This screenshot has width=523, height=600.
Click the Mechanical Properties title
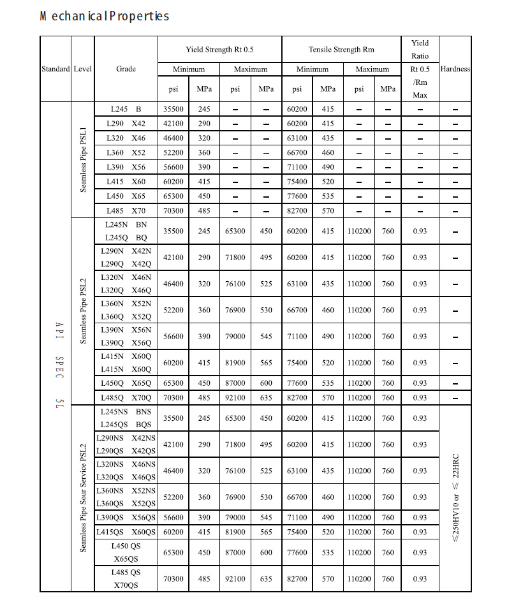[105, 16]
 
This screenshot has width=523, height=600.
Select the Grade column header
[126, 69]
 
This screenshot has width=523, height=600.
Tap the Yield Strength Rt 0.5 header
[219, 49]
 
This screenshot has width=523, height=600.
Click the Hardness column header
[455, 69]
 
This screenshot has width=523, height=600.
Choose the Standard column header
[55, 69]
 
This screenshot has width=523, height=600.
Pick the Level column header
[83, 69]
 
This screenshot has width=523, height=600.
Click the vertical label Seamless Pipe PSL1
[83, 159]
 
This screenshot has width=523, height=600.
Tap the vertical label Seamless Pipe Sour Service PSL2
[83, 497]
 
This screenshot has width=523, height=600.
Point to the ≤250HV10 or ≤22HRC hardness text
[455, 497]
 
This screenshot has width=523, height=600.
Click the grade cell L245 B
[126, 109]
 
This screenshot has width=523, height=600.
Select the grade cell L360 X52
[126, 152]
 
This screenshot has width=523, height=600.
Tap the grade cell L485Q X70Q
[126, 397]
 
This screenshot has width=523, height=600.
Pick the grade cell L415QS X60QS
[126, 532]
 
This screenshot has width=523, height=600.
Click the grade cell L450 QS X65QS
[126, 552]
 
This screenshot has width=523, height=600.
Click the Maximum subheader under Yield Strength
[251, 69]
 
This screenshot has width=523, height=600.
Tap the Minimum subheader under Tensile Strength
[313, 69]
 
